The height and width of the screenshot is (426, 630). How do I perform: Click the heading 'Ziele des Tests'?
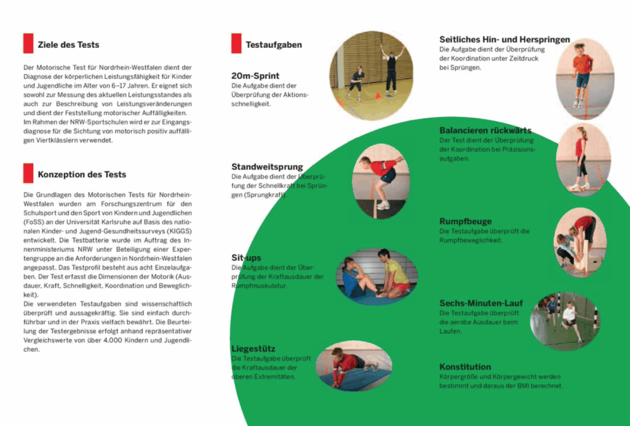pyautogui.click(x=68, y=44)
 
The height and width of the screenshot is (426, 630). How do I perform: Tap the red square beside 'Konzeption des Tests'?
pyautogui.click(x=28, y=174)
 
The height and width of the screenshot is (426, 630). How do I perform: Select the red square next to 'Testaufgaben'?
pyautogui.click(x=236, y=44)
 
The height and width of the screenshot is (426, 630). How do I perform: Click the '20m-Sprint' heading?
pyautogui.click(x=255, y=76)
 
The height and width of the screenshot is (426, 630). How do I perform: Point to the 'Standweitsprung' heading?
pyautogui.click(x=267, y=167)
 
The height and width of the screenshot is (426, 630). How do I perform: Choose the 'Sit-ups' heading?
pyautogui.click(x=246, y=257)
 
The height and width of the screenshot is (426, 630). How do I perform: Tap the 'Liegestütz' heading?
pyautogui.click(x=253, y=348)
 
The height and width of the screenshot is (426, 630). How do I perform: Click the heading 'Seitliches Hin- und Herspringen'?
pyautogui.click(x=504, y=39)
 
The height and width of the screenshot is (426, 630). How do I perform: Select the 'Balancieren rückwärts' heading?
pyautogui.click(x=485, y=131)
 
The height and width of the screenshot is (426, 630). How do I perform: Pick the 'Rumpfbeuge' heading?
pyautogui.click(x=465, y=222)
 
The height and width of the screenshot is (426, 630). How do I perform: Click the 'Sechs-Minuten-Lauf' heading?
pyautogui.click(x=481, y=303)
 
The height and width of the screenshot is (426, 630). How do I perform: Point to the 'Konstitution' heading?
pyautogui.click(x=465, y=367)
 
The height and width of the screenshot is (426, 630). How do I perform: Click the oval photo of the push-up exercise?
pyautogui.click(x=354, y=366)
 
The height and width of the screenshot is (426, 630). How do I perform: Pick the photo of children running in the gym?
pyautogui.click(x=564, y=321)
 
